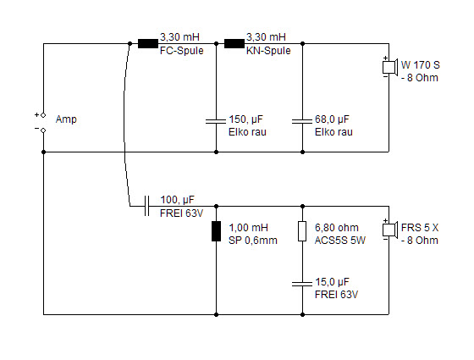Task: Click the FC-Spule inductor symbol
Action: (148, 43)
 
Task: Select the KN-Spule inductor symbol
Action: (234, 43)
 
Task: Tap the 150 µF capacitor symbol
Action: (216, 121)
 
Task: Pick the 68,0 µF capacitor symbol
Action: (302, 121)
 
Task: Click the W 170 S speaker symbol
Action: (389, 67)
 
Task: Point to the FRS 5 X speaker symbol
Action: (389, 230)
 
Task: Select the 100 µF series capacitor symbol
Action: (146, 206)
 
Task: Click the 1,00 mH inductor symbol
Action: (216, 231)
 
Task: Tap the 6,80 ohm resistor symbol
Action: (302, 231)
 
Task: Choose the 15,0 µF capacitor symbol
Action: (302, 284)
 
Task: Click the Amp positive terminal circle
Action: (43, 115)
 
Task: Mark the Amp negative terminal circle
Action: (43, 130)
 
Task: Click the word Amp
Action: (66, 119)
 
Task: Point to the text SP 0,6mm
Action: (253, 241)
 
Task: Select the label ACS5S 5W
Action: (340, 241)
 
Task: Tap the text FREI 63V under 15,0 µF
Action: (337, 295)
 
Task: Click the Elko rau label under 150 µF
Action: (247, 132)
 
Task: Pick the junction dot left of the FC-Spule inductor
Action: (130, 43)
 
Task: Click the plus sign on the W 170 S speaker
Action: (385, 58)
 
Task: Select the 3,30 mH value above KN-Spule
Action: (266, 37)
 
